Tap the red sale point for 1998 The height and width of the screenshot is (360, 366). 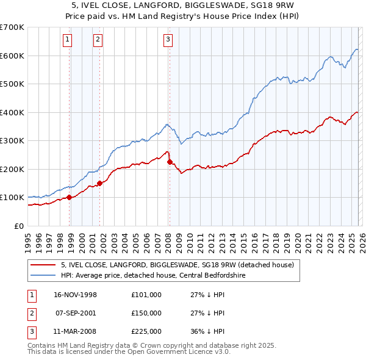tap(70, 197)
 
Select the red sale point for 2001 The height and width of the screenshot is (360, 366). tap(99, 183)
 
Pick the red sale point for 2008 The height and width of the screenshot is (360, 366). tap(170, 162)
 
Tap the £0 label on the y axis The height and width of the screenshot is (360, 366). tap(18, 226)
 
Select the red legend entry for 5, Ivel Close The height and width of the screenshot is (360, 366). tap(177, 265)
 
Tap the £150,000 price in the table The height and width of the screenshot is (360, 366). tap(146, 313)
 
